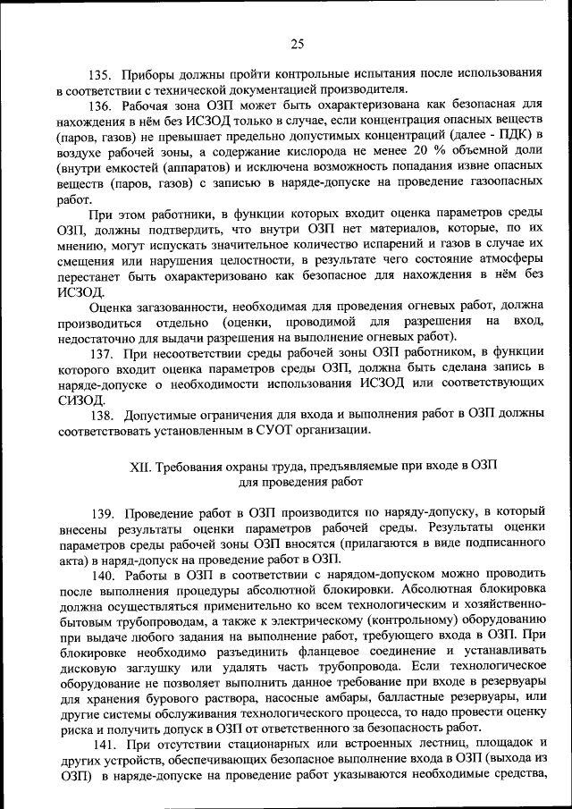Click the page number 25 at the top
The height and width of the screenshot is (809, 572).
[x=298, y=42]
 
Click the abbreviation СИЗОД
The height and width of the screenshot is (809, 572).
[x=79, y=400]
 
